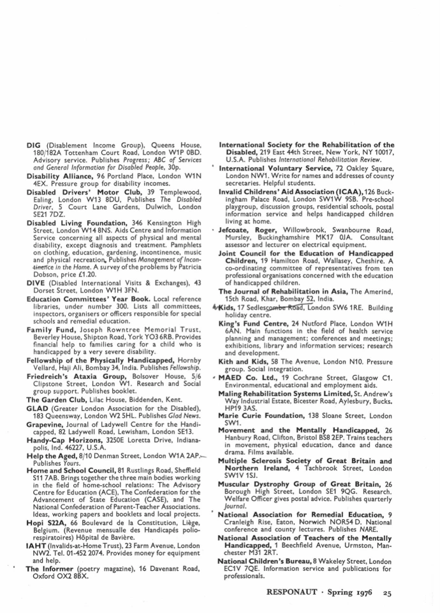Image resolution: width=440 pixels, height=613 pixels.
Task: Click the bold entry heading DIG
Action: coord(34,145)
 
